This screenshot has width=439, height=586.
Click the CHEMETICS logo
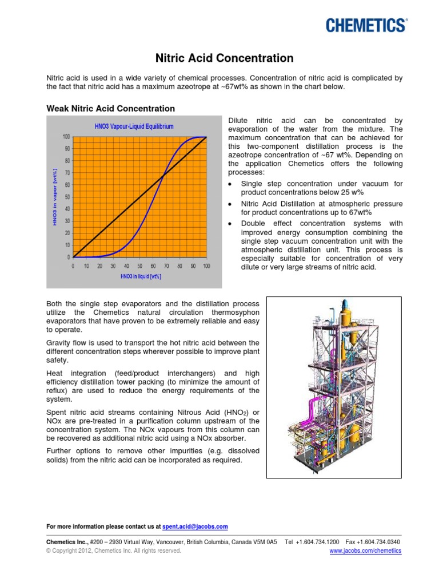(366, 25)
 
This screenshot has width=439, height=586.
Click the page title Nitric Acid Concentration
(225, 58)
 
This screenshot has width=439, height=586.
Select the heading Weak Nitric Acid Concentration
(110, 108)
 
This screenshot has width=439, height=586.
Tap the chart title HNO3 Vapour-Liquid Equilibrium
(134, 126)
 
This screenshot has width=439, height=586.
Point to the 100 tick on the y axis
(66, 137)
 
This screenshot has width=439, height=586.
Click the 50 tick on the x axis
(139, 266)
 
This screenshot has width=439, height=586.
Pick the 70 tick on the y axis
(67, 173)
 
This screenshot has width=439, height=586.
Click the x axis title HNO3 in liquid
(141, 276)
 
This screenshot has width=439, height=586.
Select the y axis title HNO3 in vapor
(55, 196)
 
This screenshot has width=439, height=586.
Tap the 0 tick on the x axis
(73, 266)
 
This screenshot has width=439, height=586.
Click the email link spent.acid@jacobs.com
(195, 526)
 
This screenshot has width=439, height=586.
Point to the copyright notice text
(113, 551)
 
